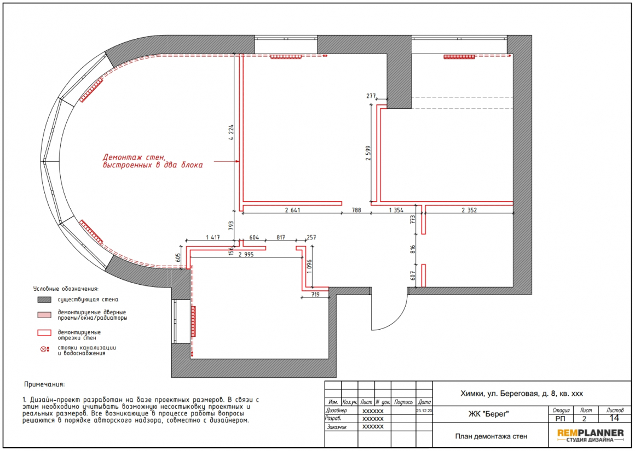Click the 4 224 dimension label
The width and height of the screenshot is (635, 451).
click(231, 132)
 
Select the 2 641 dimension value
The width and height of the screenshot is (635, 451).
click(292, 210)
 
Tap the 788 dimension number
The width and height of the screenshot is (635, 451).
click(356, 210)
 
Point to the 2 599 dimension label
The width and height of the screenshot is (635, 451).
click(368, 153)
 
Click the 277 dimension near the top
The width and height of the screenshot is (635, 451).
click(371, 96)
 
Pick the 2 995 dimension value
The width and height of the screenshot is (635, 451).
click(246, 254)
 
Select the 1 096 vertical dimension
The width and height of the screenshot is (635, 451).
click(310, 267)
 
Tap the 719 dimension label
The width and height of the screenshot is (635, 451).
click(315, 295)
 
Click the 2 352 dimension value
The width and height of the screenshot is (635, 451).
click(469, 210)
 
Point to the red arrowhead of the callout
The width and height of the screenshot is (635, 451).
click(238, 161)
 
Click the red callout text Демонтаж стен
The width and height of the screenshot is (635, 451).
click(135, 157)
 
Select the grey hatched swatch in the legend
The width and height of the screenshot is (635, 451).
click(44, 300)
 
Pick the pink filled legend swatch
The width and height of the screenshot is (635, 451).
click(44, 315)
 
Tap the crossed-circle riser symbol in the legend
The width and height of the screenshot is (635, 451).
click(43, 349)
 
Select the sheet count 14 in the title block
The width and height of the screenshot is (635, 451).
click(614, 418)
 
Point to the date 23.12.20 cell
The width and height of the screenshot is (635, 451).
click(424, 411)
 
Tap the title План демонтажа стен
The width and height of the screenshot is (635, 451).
click(491, 436)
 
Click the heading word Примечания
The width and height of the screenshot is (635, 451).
click(44, 384)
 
